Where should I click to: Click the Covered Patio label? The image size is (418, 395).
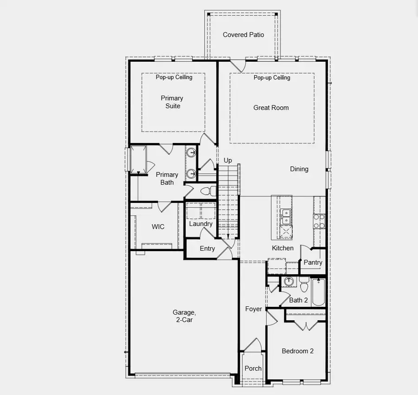point(243,35)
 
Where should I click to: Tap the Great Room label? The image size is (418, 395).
point(271,108)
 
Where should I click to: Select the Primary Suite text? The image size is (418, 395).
point(172,102)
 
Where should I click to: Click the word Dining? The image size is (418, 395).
point(299,169)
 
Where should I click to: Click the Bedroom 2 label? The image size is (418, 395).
point(297,351)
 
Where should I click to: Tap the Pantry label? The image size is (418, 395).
point(313,262)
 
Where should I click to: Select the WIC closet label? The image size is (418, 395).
point(158,227)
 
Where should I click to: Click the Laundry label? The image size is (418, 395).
point(201,224)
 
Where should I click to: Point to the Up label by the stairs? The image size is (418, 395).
point(228,161)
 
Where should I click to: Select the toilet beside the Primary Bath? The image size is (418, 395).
point(209,191)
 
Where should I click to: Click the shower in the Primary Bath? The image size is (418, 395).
point(138,160)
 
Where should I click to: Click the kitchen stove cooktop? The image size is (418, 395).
point(319,221)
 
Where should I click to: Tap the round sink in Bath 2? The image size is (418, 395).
point(289,281)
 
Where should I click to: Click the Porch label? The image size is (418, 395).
point(253,369)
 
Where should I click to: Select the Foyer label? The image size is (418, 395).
point(254,309)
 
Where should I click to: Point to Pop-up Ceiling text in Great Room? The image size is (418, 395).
point(272,78)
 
